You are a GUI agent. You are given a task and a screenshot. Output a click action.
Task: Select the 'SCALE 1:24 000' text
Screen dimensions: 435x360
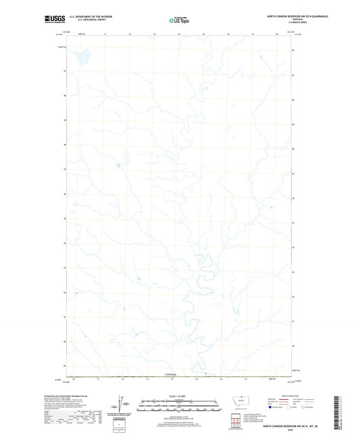pyautogui.click(x=180, y=396)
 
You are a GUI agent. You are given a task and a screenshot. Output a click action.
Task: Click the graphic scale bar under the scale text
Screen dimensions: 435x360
pyautogui.click(x=180, y=405)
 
